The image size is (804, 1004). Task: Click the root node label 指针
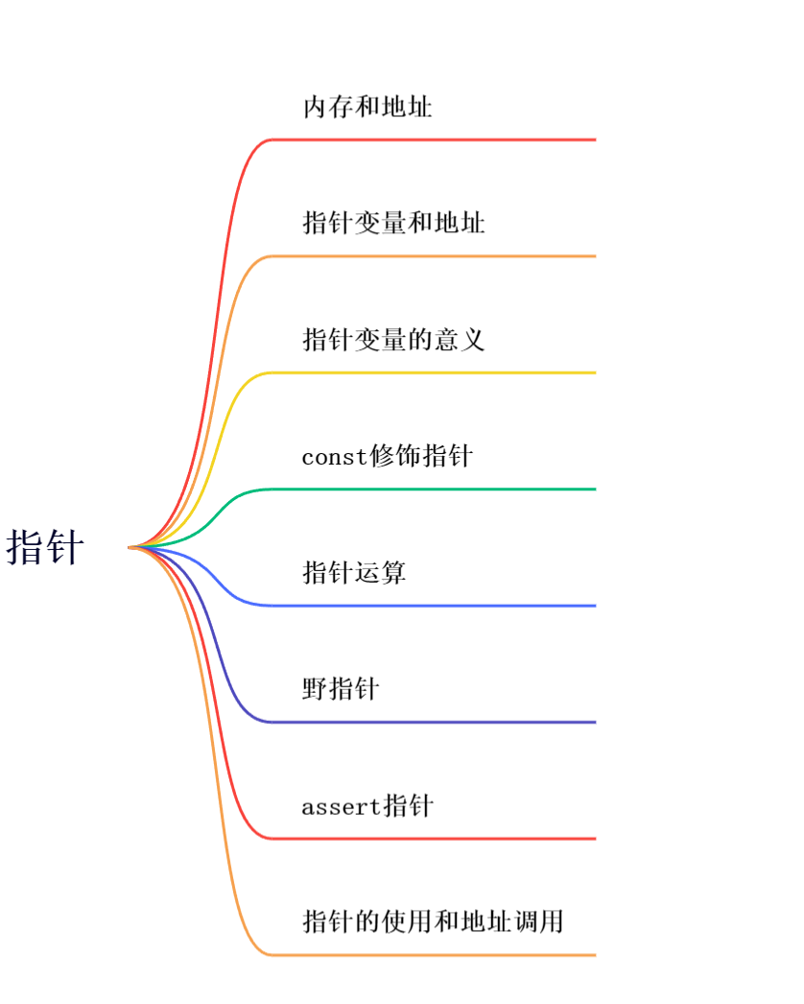pyautogui.click(x=45, y=548)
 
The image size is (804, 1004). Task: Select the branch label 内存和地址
pyautogui.click(x=367, y=107)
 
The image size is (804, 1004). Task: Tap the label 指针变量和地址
pyautogui.click(x=393, y=224)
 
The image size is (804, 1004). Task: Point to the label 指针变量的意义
pyautogui.click(x=393, y=340)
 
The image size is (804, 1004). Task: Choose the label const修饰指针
pyautogui.click(x=387, y=456)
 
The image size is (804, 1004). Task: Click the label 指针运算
pyautogui.click(x=354, y=573)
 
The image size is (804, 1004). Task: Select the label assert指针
pyautogui.click(x=367, y=806)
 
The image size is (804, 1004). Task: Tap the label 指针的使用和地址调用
pyautogui.click(x=432, y=922)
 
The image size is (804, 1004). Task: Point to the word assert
pyautogui.click(x=342, y=807)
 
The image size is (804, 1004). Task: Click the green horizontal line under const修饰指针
pyautogui.click(x=432, y=490)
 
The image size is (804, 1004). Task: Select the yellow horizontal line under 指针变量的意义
pyautogui.click(x=432, y=372)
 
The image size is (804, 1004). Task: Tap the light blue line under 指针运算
pyautogui.click(x=432, y=606)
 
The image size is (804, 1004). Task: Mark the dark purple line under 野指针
pyautogui.click(x=432, y=722)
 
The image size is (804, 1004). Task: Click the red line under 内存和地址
pyautogui.click(x=432, y=140)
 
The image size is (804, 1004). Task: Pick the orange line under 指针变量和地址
pyautogui.click(x=432, y=256)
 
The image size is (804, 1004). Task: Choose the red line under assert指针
pyautogui.click(x=432, y=839)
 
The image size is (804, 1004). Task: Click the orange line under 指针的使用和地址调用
pyautogui.click(x=432, y=955)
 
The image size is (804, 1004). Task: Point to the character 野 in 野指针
pyautogui.click(x=315, y=689)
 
